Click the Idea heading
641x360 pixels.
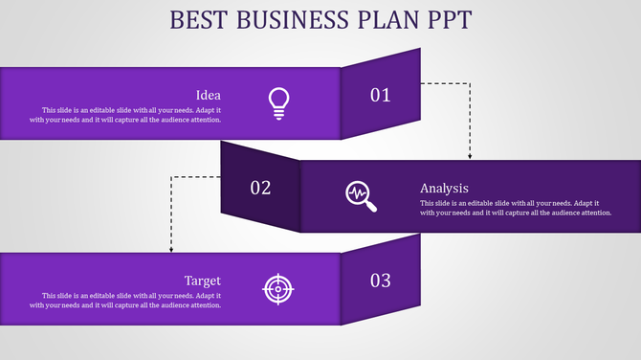click(x=209, y=95)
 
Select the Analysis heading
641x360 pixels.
click(x=444, y=188)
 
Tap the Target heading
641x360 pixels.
click(x=203, y=281)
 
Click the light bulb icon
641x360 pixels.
click(x=278, y=102)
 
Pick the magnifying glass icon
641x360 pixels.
click(x=361, y=195)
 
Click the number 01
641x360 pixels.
click(x=381, y=95)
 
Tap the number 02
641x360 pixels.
click(x=260, y=188)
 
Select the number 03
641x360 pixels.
click(x=381, y=281)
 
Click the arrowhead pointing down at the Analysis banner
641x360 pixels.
click(x=470, y=156)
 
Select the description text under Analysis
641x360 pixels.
click(x=515, y=208)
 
